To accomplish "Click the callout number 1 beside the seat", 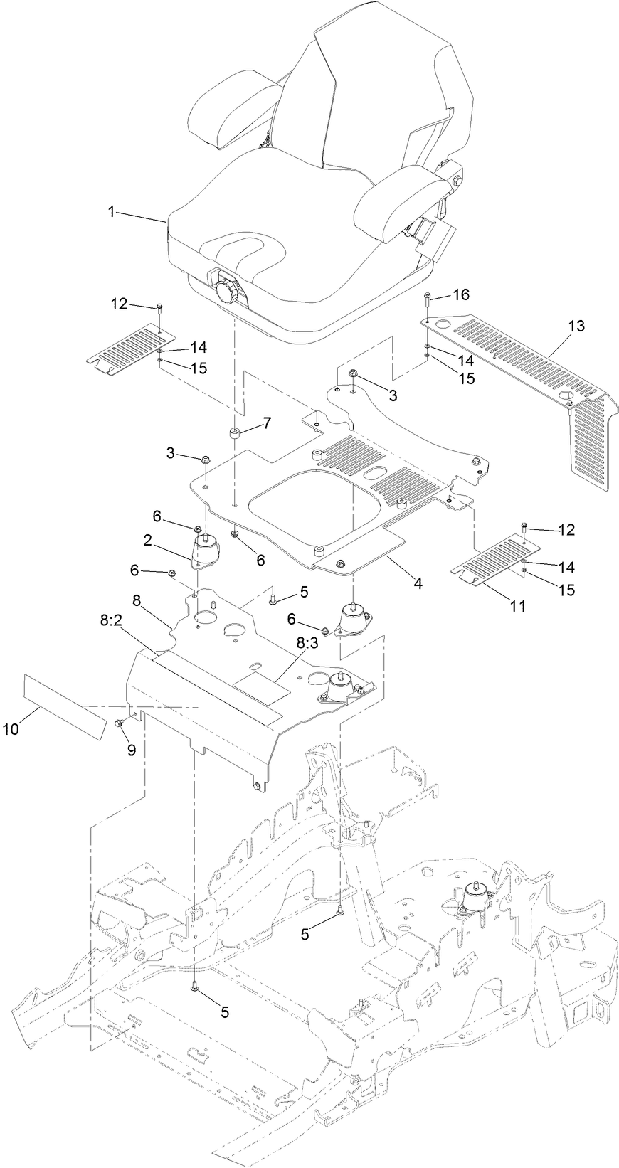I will click(111, 212).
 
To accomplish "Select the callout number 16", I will click(460, 294).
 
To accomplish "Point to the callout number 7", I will click(266, 423).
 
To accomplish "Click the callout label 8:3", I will click(305, 642).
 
